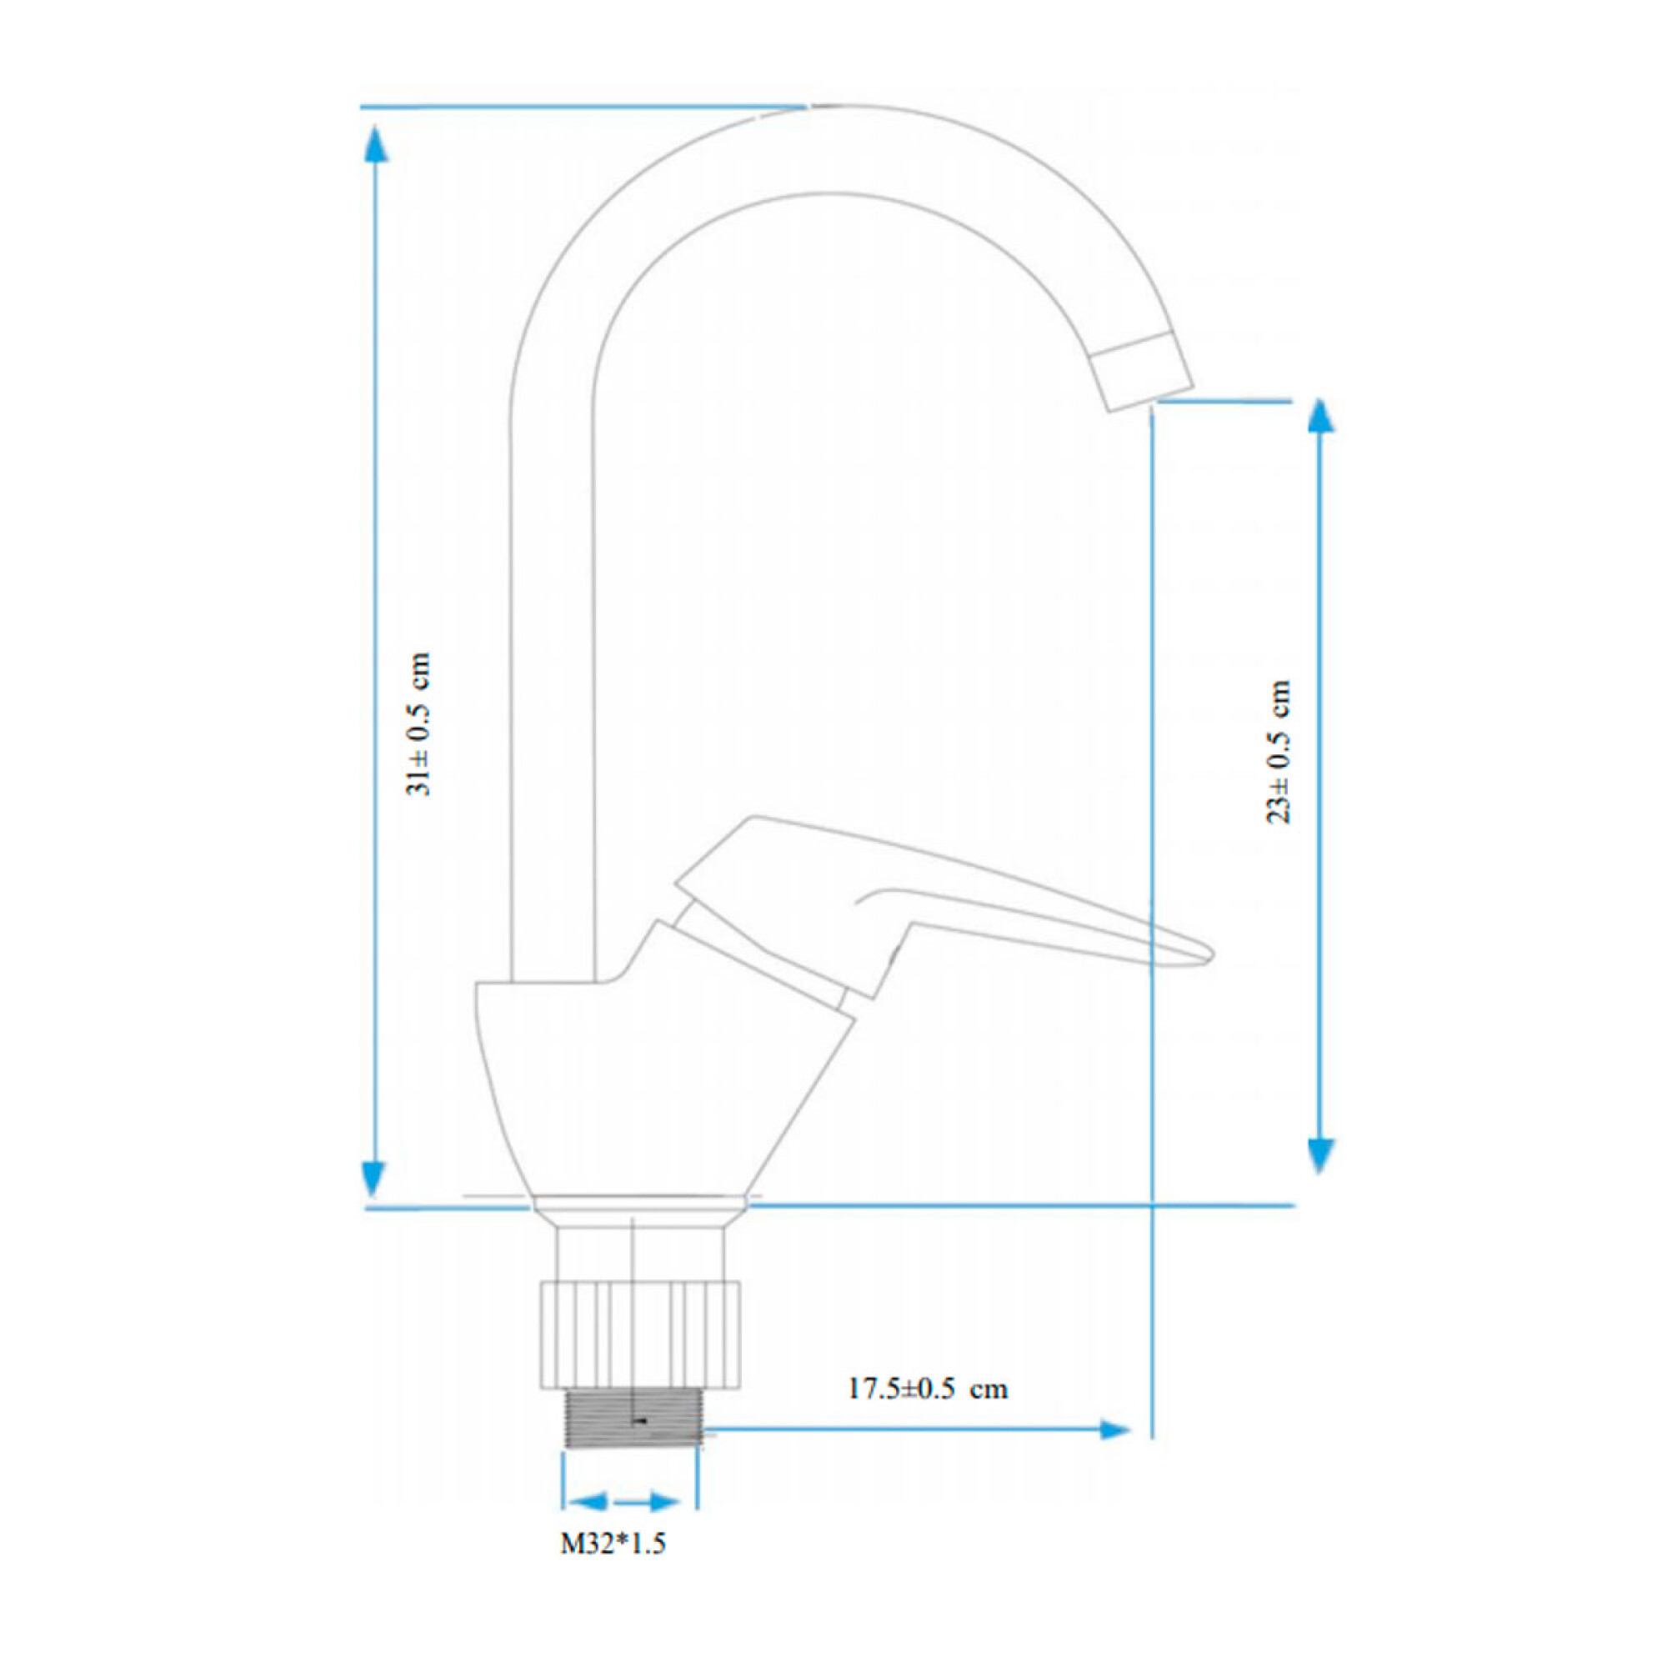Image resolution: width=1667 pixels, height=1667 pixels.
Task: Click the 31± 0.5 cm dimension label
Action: pyautogui.click(x=419, y=724)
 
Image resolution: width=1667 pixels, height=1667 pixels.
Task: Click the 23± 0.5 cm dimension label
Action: pyautogui.click(x=1279, y=751)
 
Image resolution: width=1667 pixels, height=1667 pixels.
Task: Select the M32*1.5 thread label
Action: pyautogui.click(x=613, y=1543)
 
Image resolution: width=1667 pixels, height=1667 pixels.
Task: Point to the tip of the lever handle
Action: pyautogui.click(x=1210, y=954)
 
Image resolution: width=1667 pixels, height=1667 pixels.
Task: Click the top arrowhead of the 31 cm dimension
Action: pyautogui.click(x=373, y=143)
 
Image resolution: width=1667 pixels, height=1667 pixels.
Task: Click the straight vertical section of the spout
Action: pyautogui.click(x=553, y=690)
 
